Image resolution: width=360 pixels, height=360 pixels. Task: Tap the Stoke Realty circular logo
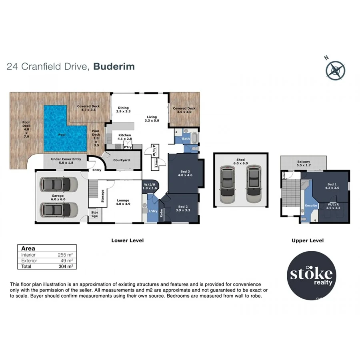312,275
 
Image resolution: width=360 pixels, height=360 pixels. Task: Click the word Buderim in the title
114,66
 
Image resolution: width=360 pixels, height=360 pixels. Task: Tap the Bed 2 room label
182,208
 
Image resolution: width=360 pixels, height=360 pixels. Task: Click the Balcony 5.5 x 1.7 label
303,164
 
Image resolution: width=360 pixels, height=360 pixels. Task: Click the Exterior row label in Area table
29,260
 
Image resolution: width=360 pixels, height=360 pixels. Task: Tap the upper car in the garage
59,184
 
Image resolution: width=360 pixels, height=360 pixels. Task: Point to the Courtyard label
121,160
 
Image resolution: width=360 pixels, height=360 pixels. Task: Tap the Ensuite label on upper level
311,206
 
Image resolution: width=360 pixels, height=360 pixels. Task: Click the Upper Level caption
308,240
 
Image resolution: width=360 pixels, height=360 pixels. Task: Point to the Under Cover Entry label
66,161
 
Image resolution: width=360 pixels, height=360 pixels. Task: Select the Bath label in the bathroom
185,139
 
